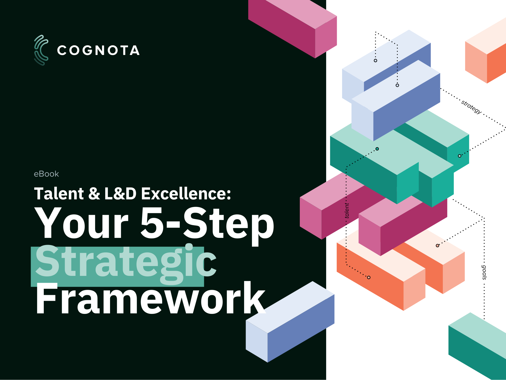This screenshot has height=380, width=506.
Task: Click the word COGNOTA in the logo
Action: pyautogui.click(x=98, y=50)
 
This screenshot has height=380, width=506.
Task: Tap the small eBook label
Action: pyautogui.click(x=46, y=174)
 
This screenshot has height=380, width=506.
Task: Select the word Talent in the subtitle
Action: pyautogui.click(x=59, y=194)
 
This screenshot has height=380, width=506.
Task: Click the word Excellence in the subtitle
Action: pyautogui.click(x=185, y=194)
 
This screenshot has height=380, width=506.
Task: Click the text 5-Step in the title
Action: pyautogui.click(x=207, y=223)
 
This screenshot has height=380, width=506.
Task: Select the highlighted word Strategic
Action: pyautogui.click(x=125, y=262)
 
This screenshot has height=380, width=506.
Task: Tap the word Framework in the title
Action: pyautogui.click(x=150, y=299)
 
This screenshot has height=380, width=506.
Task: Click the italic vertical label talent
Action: pyautogui.click(x=347, y=210)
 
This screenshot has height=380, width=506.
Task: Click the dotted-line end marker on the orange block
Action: pyautogui.click(x=369, y=277)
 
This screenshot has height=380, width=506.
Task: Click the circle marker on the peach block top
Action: pyautogui.click(x=437, y=245)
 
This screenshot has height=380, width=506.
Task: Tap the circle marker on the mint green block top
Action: pyautogui.click(x=377, y=149)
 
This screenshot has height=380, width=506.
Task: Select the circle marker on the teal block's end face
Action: pyautogui.click(x=459, y=156)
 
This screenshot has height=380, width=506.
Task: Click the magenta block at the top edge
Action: pyautogui.click(x=291, y=25)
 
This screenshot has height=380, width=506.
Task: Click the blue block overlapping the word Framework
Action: pyautogui.click(x=291, y=324)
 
